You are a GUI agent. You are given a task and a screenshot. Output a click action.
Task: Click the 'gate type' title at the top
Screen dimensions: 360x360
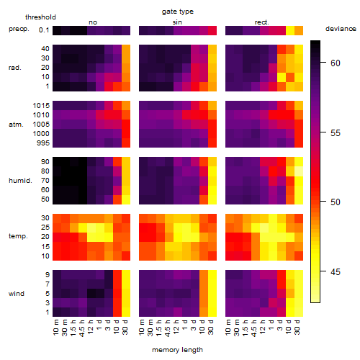[178, 12]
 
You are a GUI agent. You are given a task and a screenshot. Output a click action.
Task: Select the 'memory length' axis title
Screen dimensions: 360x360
[177, 350]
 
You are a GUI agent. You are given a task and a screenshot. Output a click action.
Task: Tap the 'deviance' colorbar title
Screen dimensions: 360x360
[341, 29]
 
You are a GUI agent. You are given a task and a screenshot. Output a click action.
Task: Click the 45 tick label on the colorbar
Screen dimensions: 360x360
[336, 272]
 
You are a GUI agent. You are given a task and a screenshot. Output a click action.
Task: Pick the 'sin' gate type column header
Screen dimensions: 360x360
[177, 22]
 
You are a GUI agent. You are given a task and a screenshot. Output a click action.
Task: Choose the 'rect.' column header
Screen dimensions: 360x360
[261, 22]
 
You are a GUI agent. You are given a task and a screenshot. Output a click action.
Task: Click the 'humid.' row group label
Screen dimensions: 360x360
[20, 181]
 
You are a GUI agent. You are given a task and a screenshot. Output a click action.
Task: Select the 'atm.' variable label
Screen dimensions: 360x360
[16, 125]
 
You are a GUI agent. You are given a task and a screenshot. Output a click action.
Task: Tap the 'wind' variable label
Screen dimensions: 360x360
[17, 294]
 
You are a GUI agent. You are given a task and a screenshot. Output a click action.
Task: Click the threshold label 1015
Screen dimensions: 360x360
[41, 106]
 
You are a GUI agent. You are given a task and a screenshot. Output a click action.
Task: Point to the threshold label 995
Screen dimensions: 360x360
[43, 143]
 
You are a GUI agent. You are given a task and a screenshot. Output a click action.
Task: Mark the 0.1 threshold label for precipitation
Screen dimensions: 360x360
[44, 30]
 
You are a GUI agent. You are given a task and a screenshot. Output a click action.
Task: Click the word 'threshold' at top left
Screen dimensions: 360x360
[40, 17]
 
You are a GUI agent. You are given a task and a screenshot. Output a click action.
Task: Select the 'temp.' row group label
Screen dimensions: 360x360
[18, 236]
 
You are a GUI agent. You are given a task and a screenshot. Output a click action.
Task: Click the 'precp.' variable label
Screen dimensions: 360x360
[19, 30]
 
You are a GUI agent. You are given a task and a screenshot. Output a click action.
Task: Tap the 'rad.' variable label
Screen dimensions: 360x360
[15, 68]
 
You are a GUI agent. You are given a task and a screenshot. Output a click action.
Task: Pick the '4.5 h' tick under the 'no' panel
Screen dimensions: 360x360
[81, 328]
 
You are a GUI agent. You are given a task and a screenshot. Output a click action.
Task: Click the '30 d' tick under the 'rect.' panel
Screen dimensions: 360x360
[297, 327]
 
